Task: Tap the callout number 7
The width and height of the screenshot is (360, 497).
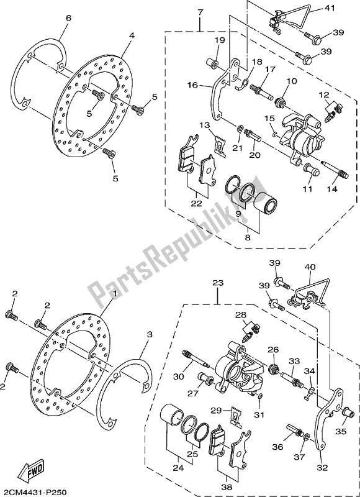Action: click(200, 12)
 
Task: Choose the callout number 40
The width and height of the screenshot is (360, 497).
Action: click(310, 268)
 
